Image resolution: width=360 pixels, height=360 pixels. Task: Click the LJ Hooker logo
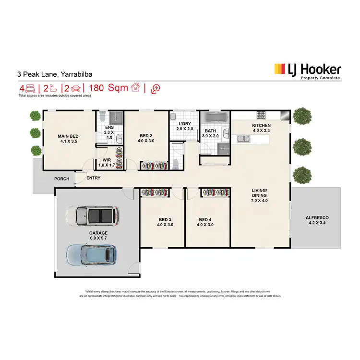307,72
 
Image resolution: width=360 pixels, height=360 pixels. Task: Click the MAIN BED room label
68,139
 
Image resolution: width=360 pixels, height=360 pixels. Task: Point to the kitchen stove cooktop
261,115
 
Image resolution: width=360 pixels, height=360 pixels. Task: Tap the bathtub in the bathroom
215,118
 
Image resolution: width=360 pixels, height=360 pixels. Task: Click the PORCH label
62,179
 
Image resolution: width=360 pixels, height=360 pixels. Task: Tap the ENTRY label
94,179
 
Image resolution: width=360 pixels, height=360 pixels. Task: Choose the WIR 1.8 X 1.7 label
107,163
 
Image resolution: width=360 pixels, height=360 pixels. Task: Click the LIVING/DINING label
261,193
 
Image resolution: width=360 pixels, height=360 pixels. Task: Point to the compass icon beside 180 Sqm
155,88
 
